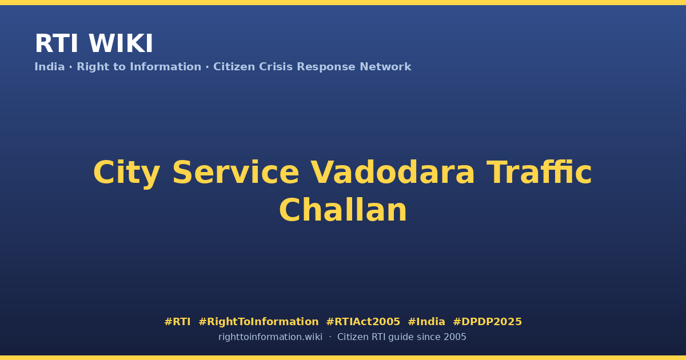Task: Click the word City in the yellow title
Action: coord(126,174)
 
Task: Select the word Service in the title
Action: coord(236,173)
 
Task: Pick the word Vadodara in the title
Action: coord(393,173)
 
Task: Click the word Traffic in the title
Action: coord(539,172)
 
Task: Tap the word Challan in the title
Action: coord(343,210)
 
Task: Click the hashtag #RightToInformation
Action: coord(258,322)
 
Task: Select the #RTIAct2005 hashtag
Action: coord(363,322)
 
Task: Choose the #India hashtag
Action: coord(426,322)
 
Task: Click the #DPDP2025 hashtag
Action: coord(487,322)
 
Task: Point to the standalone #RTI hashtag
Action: coord(177,322)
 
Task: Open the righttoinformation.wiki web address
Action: coord(270,337)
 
